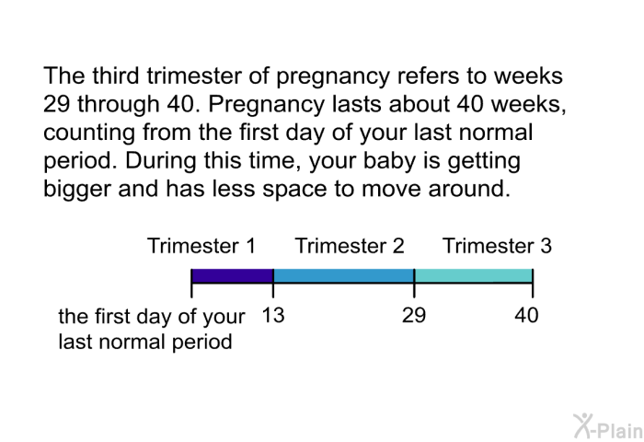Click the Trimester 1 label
201,246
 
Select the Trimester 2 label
350,246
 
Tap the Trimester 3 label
497,246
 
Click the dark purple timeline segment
233,275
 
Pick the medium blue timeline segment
344,275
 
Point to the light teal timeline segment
474,275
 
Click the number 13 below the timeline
273,315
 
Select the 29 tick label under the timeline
414,315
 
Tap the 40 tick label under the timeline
526,315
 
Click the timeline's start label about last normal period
152,329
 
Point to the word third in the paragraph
115,76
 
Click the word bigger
77,189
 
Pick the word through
119,104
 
